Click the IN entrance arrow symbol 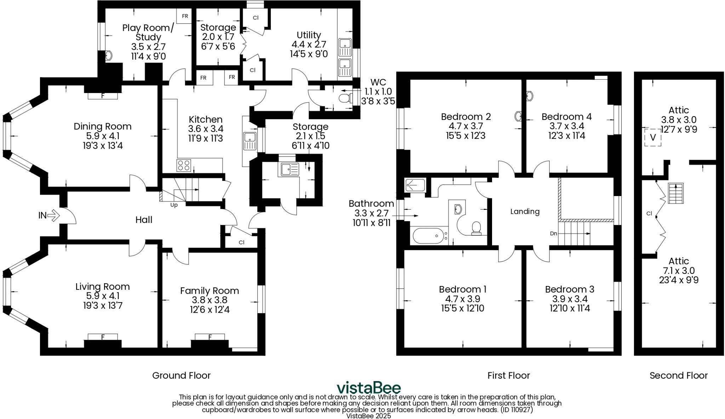pyautogui.click(x=53, y=215)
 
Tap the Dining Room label pyautogui.click(x=102, y=126)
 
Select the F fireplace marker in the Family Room pyautogui.click(x=210, y=337)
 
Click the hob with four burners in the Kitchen pyautogui.click(x=184, y=166)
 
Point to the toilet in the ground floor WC pyautogui.click(x=344, y=98)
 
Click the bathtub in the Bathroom pyautogui.click(x=428, y=236)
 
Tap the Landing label pyautogui.click(x=525, y=212)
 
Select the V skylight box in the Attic pyautogui.click(x=653, y=137)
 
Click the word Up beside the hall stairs pyautogui.click(x=174, y=205)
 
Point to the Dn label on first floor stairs pyautogui.click(x=554, y=234)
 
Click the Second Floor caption pyautogui.click(x=678, y=375)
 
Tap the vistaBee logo pyautogui.click(x=368, y=388)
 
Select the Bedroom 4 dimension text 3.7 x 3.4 pyautogui.click(x=566, y=126)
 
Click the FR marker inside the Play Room pyautogui.click(x=185, y=16)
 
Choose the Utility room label pyautogui.click(x=309, y=35)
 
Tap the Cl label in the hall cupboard pyautogui.click(x=241, y=242)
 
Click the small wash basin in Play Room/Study pyautogui.click(x=109, y=56)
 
